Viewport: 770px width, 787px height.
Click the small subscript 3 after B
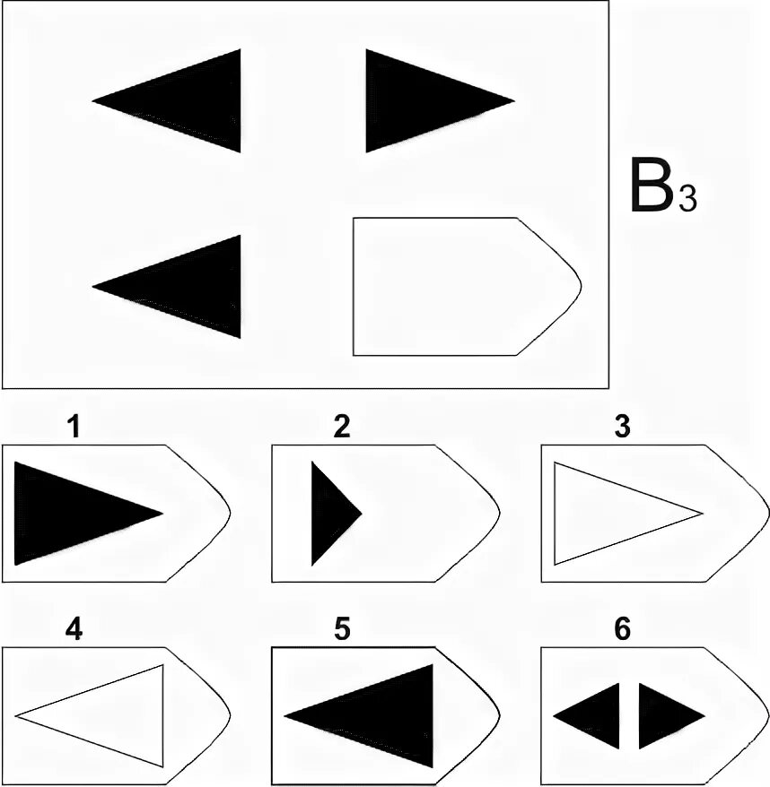click(x=687, y=197)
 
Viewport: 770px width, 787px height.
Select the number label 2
click(x=341, y=428)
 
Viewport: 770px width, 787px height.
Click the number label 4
click(x=74, y=630)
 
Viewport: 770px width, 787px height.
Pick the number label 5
click(x=341, y=630)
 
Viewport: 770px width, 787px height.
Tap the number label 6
click(x=622, y=630)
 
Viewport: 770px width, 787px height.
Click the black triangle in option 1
click(x=72, y=514)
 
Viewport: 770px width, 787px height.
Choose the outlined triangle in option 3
click(x=610, y=514)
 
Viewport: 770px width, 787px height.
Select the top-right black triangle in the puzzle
click(x=417, y=100)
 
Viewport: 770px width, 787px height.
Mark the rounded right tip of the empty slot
click(x=577, y=286)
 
